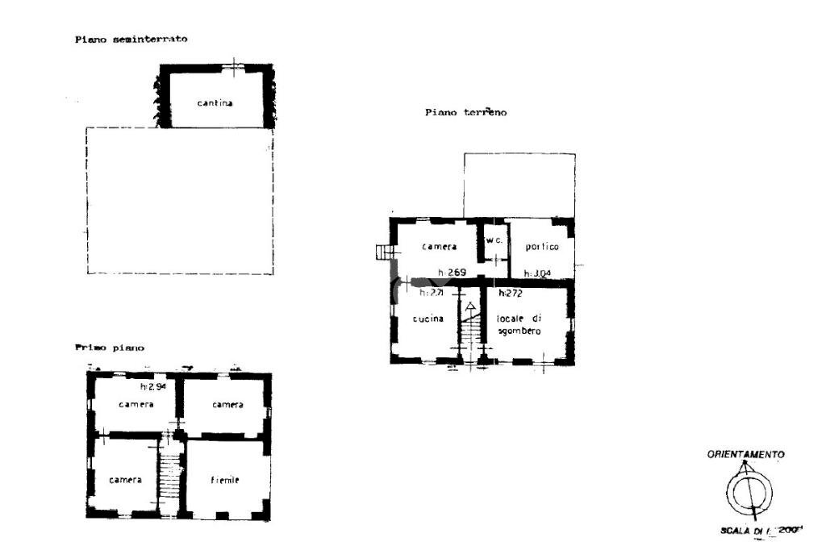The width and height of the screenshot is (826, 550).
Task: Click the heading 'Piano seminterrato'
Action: pos(131,39)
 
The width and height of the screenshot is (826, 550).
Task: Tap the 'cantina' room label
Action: pos(215,103)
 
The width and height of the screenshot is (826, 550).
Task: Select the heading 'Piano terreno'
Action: pos(465,113)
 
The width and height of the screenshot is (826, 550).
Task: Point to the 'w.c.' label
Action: pos(494,240)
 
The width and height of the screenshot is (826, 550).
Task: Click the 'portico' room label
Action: pos(542,247)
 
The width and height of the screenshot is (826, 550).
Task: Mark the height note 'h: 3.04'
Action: pos(537,273)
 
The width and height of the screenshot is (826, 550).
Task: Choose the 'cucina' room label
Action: pos(428,319)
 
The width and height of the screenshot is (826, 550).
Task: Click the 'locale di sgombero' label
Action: pos(519,324)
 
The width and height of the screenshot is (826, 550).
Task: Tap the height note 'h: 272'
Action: pos(511,293)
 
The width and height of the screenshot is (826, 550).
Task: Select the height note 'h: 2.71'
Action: pos(432,293)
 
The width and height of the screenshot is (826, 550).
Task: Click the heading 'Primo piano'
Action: pos(110,348)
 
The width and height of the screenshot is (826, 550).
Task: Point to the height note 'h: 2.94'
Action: pos(152,387)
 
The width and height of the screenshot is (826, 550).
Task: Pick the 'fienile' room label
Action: pos(225,480)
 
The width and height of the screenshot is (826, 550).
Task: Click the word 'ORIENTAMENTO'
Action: pos(745,455)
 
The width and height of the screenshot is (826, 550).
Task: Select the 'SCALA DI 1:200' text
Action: pos(759,531)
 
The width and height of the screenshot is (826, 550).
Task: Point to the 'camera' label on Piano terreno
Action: pos(440,247)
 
